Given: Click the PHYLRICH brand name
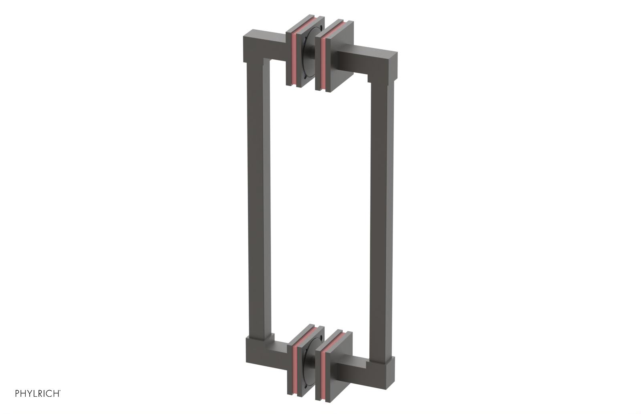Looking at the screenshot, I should coord(38,394).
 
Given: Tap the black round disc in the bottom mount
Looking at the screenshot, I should coord(309,364).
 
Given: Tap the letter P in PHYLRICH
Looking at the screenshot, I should coord(17,394).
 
